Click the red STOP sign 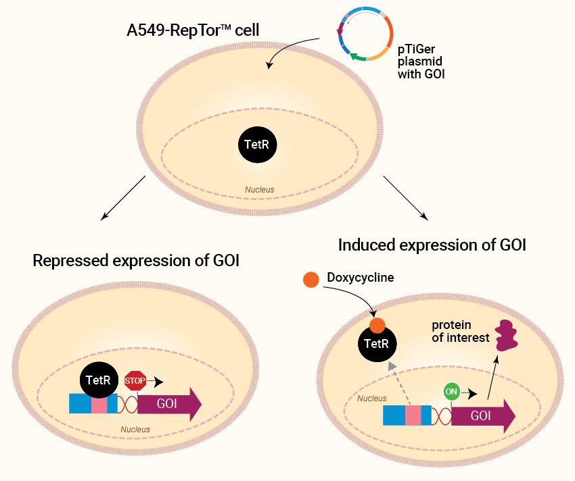tap(135, 380)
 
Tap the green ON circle tap(451, 392)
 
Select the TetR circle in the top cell tap(258, 145)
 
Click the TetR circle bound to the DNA tap(99, 380)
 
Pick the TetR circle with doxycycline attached tap(377, 343)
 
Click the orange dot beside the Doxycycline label tap(311, 280)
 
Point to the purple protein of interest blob tap(506, 335)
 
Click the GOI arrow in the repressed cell tap(169, 404)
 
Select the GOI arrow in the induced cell tap(483, 416)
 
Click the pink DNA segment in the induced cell tap(413, 415)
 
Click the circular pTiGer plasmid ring tap(392, 33)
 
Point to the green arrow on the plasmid tap(358, 57)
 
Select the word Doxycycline tap(361, 278)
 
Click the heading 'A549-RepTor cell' tap(193, 30)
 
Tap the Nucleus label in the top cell tap(260, 190)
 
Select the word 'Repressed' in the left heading tap(70, 261)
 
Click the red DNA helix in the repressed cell tap(128, 404)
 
